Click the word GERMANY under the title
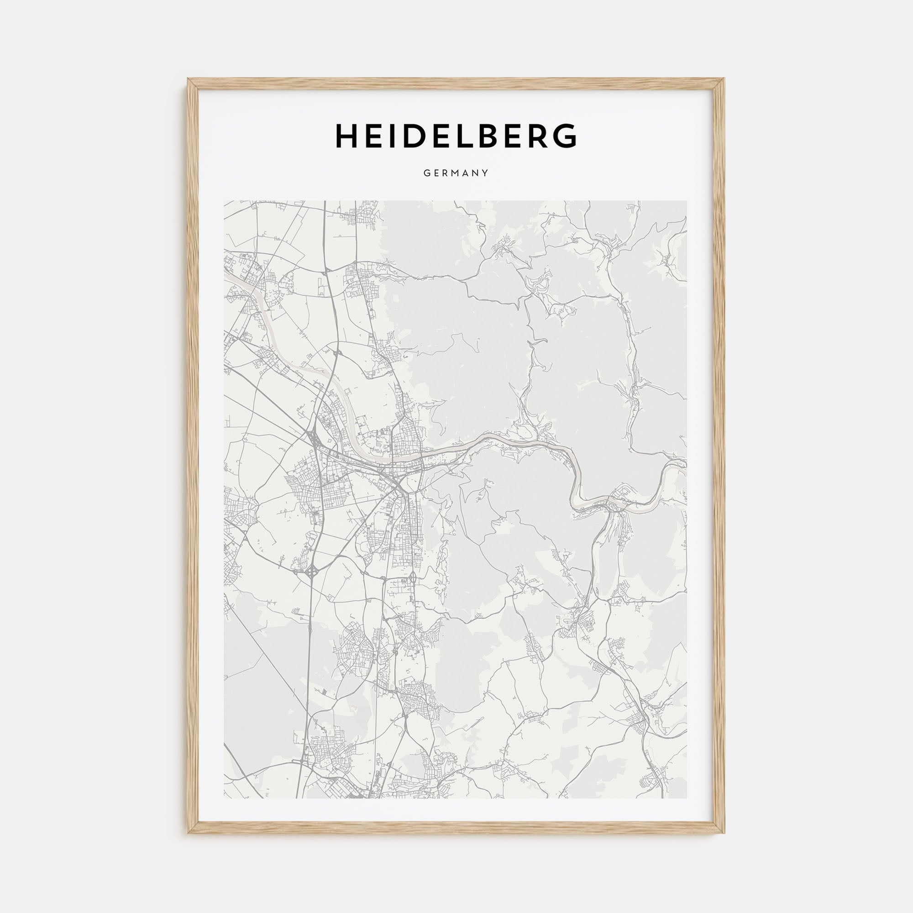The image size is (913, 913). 456,173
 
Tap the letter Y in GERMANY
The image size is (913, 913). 485,173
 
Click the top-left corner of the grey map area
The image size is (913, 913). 225,201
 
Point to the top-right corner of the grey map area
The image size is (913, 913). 687,201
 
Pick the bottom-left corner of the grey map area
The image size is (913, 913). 225,798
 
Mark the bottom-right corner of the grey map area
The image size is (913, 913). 687,798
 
